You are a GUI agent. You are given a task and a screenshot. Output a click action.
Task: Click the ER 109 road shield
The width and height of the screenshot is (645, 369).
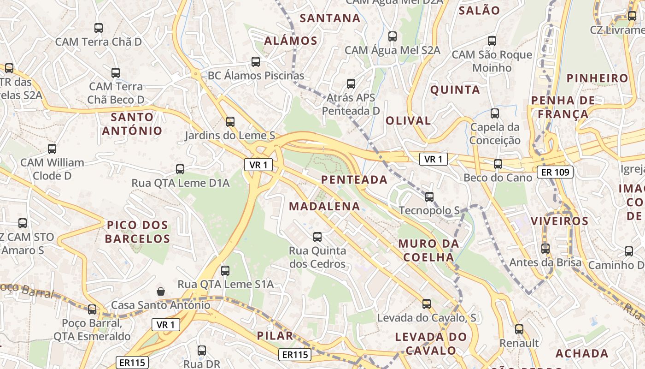coord(555,173)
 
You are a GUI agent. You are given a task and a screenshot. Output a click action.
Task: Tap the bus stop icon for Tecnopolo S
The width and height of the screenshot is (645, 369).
coord(429,197)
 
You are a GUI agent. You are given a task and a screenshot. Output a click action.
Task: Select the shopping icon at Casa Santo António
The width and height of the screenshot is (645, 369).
coord(161,291)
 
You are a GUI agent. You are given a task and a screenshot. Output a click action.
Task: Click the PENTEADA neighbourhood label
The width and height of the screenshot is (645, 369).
coord(354,180)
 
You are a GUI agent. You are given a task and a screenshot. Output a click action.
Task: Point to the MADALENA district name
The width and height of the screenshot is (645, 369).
coord(324,206)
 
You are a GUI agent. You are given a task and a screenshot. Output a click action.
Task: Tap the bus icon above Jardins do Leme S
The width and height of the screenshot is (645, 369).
coord(230,122)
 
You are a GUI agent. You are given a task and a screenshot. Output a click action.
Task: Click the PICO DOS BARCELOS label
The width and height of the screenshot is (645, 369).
coord(137,232)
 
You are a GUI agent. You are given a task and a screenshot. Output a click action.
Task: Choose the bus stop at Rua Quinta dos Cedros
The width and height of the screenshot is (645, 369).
coord(317,237)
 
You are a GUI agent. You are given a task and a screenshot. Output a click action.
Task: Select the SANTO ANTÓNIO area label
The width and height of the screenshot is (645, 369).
coord(132,124)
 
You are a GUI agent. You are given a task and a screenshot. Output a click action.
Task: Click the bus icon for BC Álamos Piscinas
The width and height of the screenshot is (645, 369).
coord(256,62)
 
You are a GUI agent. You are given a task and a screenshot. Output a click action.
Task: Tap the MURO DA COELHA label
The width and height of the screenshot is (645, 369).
coord(428,250)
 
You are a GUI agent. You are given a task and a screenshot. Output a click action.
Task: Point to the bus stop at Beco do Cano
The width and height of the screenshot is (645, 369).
coord(498,164)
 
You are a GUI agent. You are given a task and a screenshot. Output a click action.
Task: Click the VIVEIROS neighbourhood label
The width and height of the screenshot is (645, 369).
coord(559,221)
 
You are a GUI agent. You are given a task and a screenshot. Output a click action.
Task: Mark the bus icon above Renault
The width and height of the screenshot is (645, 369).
coord(519,329)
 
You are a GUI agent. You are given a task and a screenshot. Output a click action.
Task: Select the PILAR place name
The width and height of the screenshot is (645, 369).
coord(275,335)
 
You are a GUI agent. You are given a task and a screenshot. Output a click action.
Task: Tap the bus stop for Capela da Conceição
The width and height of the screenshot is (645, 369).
coord(495,113)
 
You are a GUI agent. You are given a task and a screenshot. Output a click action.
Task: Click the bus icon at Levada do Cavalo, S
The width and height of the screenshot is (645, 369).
coord(427,304)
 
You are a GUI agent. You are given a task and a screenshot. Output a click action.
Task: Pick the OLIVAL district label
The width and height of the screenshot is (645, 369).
coord(408,121)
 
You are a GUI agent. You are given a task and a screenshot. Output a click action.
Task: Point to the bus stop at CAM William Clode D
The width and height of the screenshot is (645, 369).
coord(52,149)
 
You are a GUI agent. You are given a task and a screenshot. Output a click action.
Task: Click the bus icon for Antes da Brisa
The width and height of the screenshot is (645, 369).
coord(545,249)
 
